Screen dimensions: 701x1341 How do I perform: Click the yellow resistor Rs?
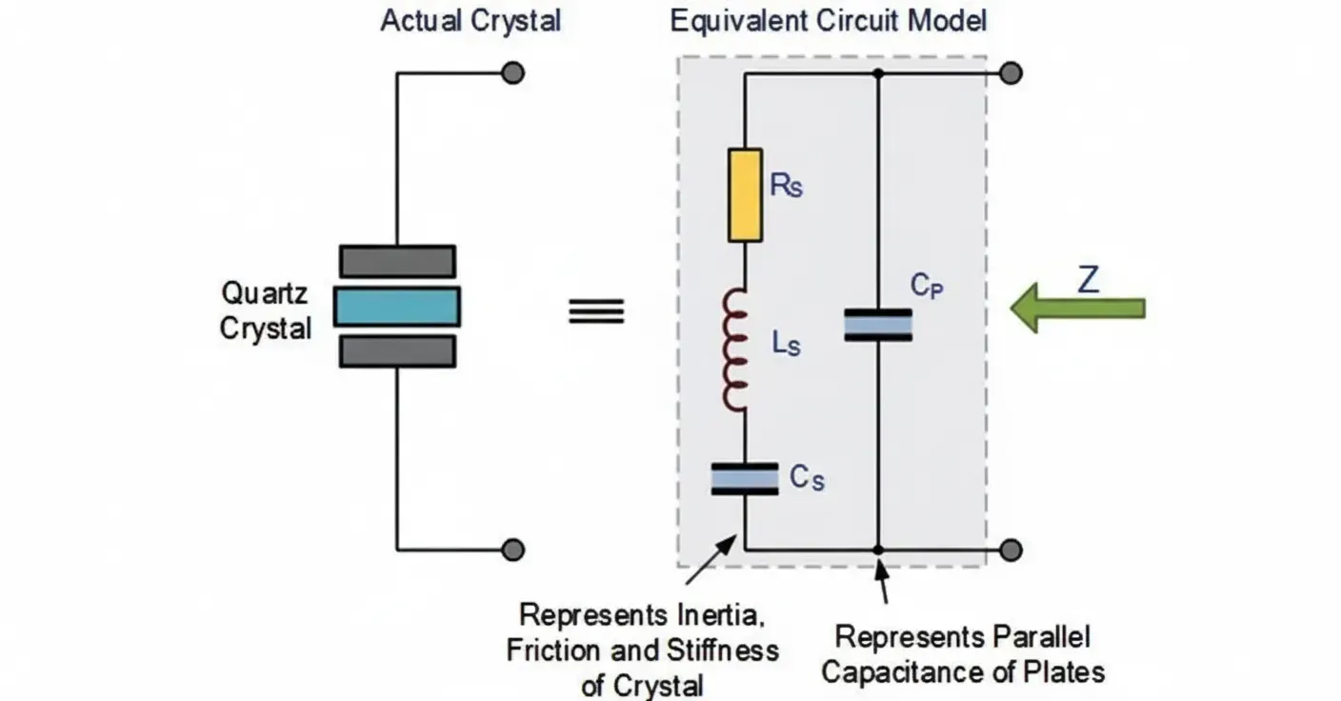[x=745, y=194]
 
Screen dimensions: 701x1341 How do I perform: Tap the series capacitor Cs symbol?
[x=745, y=478]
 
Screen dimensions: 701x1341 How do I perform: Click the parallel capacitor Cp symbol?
[x=877, y=325]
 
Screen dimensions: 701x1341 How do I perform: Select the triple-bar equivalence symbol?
[x=596, y=311]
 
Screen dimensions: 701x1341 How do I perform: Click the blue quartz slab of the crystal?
[x=397, y=307]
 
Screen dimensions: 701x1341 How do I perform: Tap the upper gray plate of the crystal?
[x=397, y=261]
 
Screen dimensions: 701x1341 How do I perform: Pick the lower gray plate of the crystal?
[x=397, y=351]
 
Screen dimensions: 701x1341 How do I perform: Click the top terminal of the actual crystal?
[x=513, y=73]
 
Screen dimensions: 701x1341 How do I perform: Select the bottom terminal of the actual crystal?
[x=513, y=550]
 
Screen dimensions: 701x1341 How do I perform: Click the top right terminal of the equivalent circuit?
[x=1011, y=73]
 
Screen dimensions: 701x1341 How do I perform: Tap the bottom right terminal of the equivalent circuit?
[x=1011, y=550]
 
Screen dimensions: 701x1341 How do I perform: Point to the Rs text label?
[x=786, y=185]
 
